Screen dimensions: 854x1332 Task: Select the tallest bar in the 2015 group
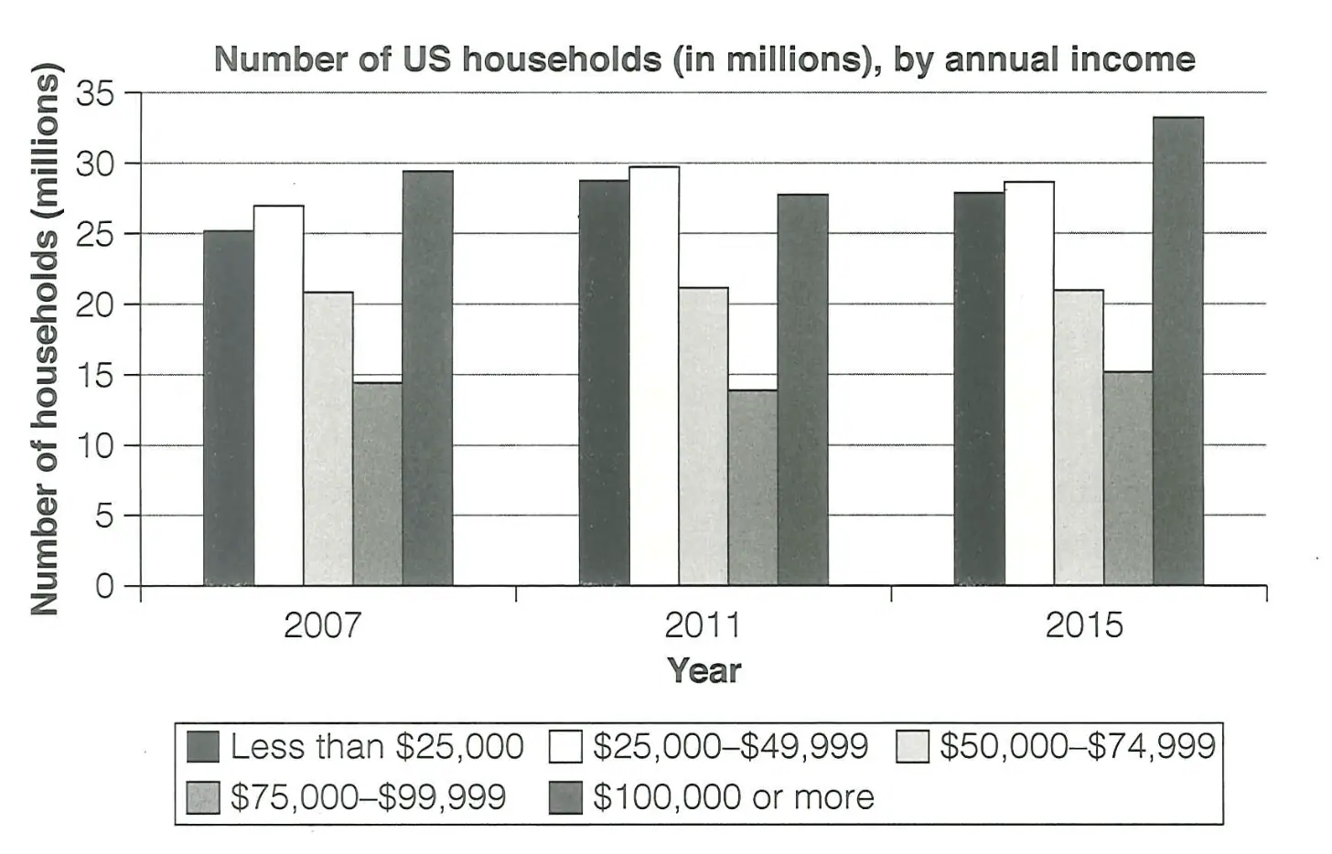click(1178, 351)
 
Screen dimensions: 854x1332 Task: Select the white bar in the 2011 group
click(654, 376)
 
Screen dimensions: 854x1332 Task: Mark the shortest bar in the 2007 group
click(378, 484)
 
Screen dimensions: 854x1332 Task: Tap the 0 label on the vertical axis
click(105, 586)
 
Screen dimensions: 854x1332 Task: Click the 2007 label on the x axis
click(321, 625)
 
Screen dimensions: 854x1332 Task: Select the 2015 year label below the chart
click(1083, 625)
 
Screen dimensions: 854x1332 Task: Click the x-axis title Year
click(704, 671)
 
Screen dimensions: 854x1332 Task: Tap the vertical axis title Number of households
click(45, 338)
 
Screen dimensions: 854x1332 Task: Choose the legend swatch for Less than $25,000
click(203, 747)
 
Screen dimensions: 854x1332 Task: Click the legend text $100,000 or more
click(733, 797)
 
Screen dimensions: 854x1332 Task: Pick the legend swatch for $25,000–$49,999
click(565, 747)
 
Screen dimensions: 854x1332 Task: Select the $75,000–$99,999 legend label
click(368, 797)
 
